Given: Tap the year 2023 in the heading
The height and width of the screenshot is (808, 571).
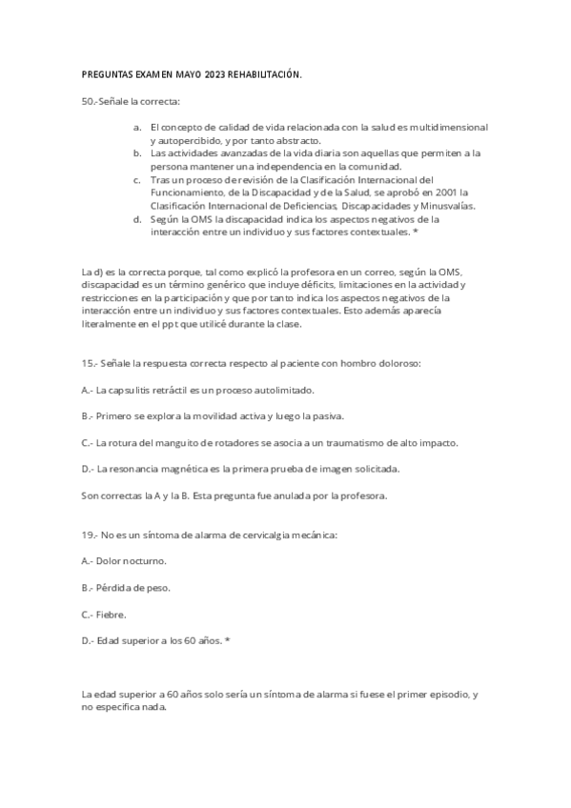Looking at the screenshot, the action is pyautogui.click(x=207, y=74).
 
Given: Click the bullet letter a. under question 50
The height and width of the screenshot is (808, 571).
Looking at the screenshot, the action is pyautogui.click(x=137, y=127).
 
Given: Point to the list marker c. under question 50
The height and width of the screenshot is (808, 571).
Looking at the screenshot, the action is pyautogui.click(x=137, y=179).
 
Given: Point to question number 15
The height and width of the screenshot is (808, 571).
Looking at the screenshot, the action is pyautogui.click(x=89, y=364).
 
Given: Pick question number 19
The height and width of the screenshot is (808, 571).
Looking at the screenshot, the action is pyautogui.click(x=89, y=535).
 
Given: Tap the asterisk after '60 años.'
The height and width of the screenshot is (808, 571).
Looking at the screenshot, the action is pyautogui.click(x=228, y=640).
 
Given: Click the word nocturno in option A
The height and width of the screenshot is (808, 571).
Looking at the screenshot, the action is pyautogui.click(x=143, y=561).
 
